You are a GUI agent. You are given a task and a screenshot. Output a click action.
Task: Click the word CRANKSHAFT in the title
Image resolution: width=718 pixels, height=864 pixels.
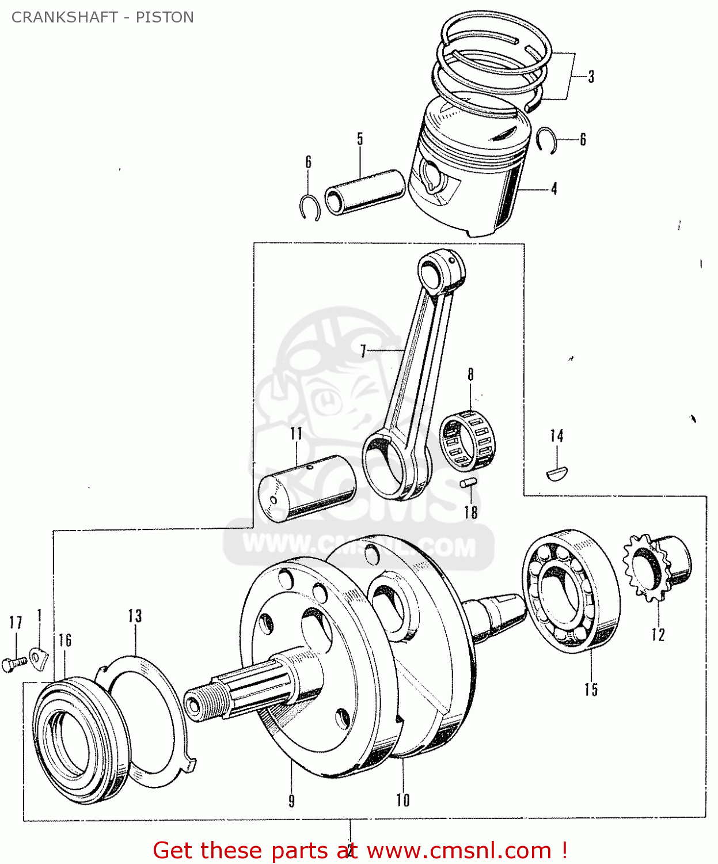[64, 17]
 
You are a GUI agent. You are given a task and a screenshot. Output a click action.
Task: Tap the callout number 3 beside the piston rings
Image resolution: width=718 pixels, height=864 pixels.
[591, 77]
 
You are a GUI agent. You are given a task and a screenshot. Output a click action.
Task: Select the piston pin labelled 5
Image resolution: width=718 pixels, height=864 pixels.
[365, 192]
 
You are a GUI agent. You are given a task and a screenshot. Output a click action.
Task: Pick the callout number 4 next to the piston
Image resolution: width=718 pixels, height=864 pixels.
[554, 189]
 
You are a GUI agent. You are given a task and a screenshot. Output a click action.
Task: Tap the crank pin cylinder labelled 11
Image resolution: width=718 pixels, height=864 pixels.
[307, 488]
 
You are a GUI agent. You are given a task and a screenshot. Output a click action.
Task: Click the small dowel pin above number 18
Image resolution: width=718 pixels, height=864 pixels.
[469, 483]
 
